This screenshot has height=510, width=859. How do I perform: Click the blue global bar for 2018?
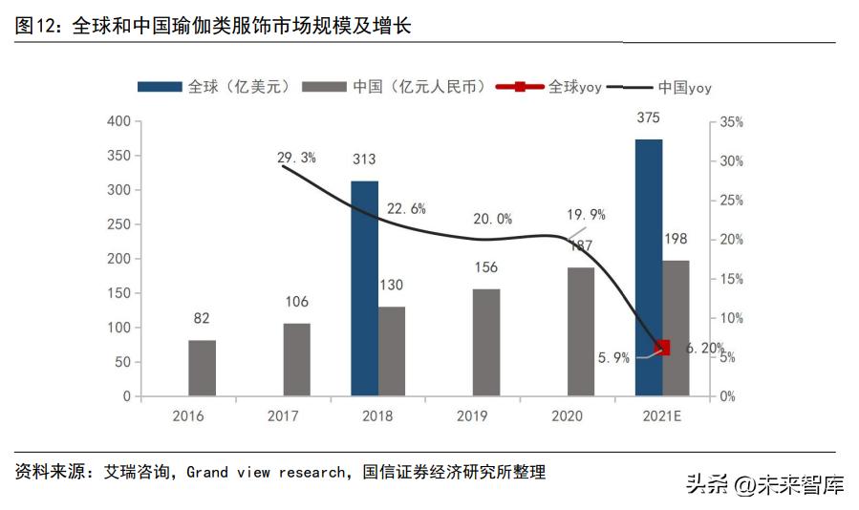tap(364, 287)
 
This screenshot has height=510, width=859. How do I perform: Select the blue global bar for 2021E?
tap(649, 267)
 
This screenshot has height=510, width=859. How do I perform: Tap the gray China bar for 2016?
tap(202, 368)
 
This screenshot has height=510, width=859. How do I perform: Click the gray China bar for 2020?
tap(581, 331)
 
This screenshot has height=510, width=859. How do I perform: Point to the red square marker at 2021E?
tap(663, 348)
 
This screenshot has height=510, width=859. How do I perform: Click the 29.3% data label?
tap(296, 158)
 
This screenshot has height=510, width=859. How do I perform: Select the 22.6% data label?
tap(406, 208)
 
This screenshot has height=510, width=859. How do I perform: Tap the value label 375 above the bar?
tap(649, 118)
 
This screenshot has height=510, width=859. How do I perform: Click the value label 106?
tap(296, 302)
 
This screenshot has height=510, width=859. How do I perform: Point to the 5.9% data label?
tap(613, 358)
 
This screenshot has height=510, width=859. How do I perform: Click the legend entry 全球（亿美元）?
tap(213, 87)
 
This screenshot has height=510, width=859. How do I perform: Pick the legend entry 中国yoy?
tap(669, 87)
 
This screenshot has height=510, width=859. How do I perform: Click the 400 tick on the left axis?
tap(118, 121)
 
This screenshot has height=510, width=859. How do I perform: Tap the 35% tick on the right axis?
tap(731, 122)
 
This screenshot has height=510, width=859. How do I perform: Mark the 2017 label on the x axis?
tap(283, 416)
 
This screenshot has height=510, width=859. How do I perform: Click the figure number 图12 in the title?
tap(38, 26)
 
